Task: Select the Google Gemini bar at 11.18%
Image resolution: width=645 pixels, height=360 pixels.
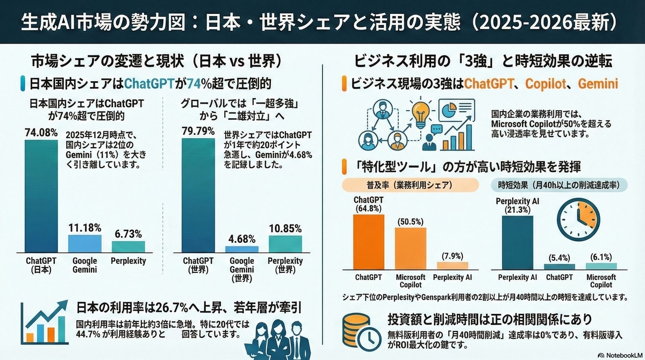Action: pyautogui.click(x=84, y=243)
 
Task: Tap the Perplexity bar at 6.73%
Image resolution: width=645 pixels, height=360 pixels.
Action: pyautogui.click(x=128, y=246)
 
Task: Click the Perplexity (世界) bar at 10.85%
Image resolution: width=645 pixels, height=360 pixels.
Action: pyautogui.click(x=285, y=243)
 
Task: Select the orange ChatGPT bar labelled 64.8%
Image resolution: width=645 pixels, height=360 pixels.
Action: pyautogui.click(x=368, y=241)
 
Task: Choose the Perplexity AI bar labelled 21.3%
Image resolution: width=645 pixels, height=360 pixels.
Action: pyautogui.click(x=518, y=241)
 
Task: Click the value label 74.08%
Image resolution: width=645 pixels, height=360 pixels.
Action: pyautogui.click(x=41, y=132)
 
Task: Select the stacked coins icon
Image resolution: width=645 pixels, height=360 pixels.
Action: pyautogui.click(x=357, y=329)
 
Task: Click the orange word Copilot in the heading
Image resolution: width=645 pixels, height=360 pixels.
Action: pyautogui.click(x=547, y=84)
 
